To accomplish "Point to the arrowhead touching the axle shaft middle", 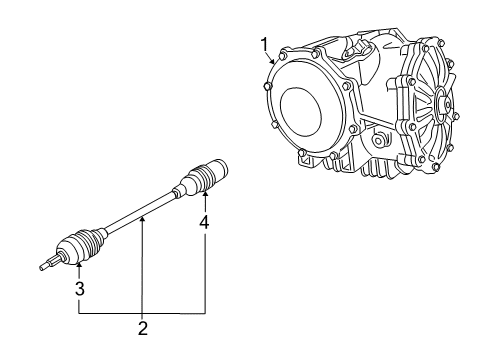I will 143,213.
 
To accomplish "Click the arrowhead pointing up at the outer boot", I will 78,265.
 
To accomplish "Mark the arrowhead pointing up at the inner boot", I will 204,195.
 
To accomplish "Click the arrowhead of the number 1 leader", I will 271,63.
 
